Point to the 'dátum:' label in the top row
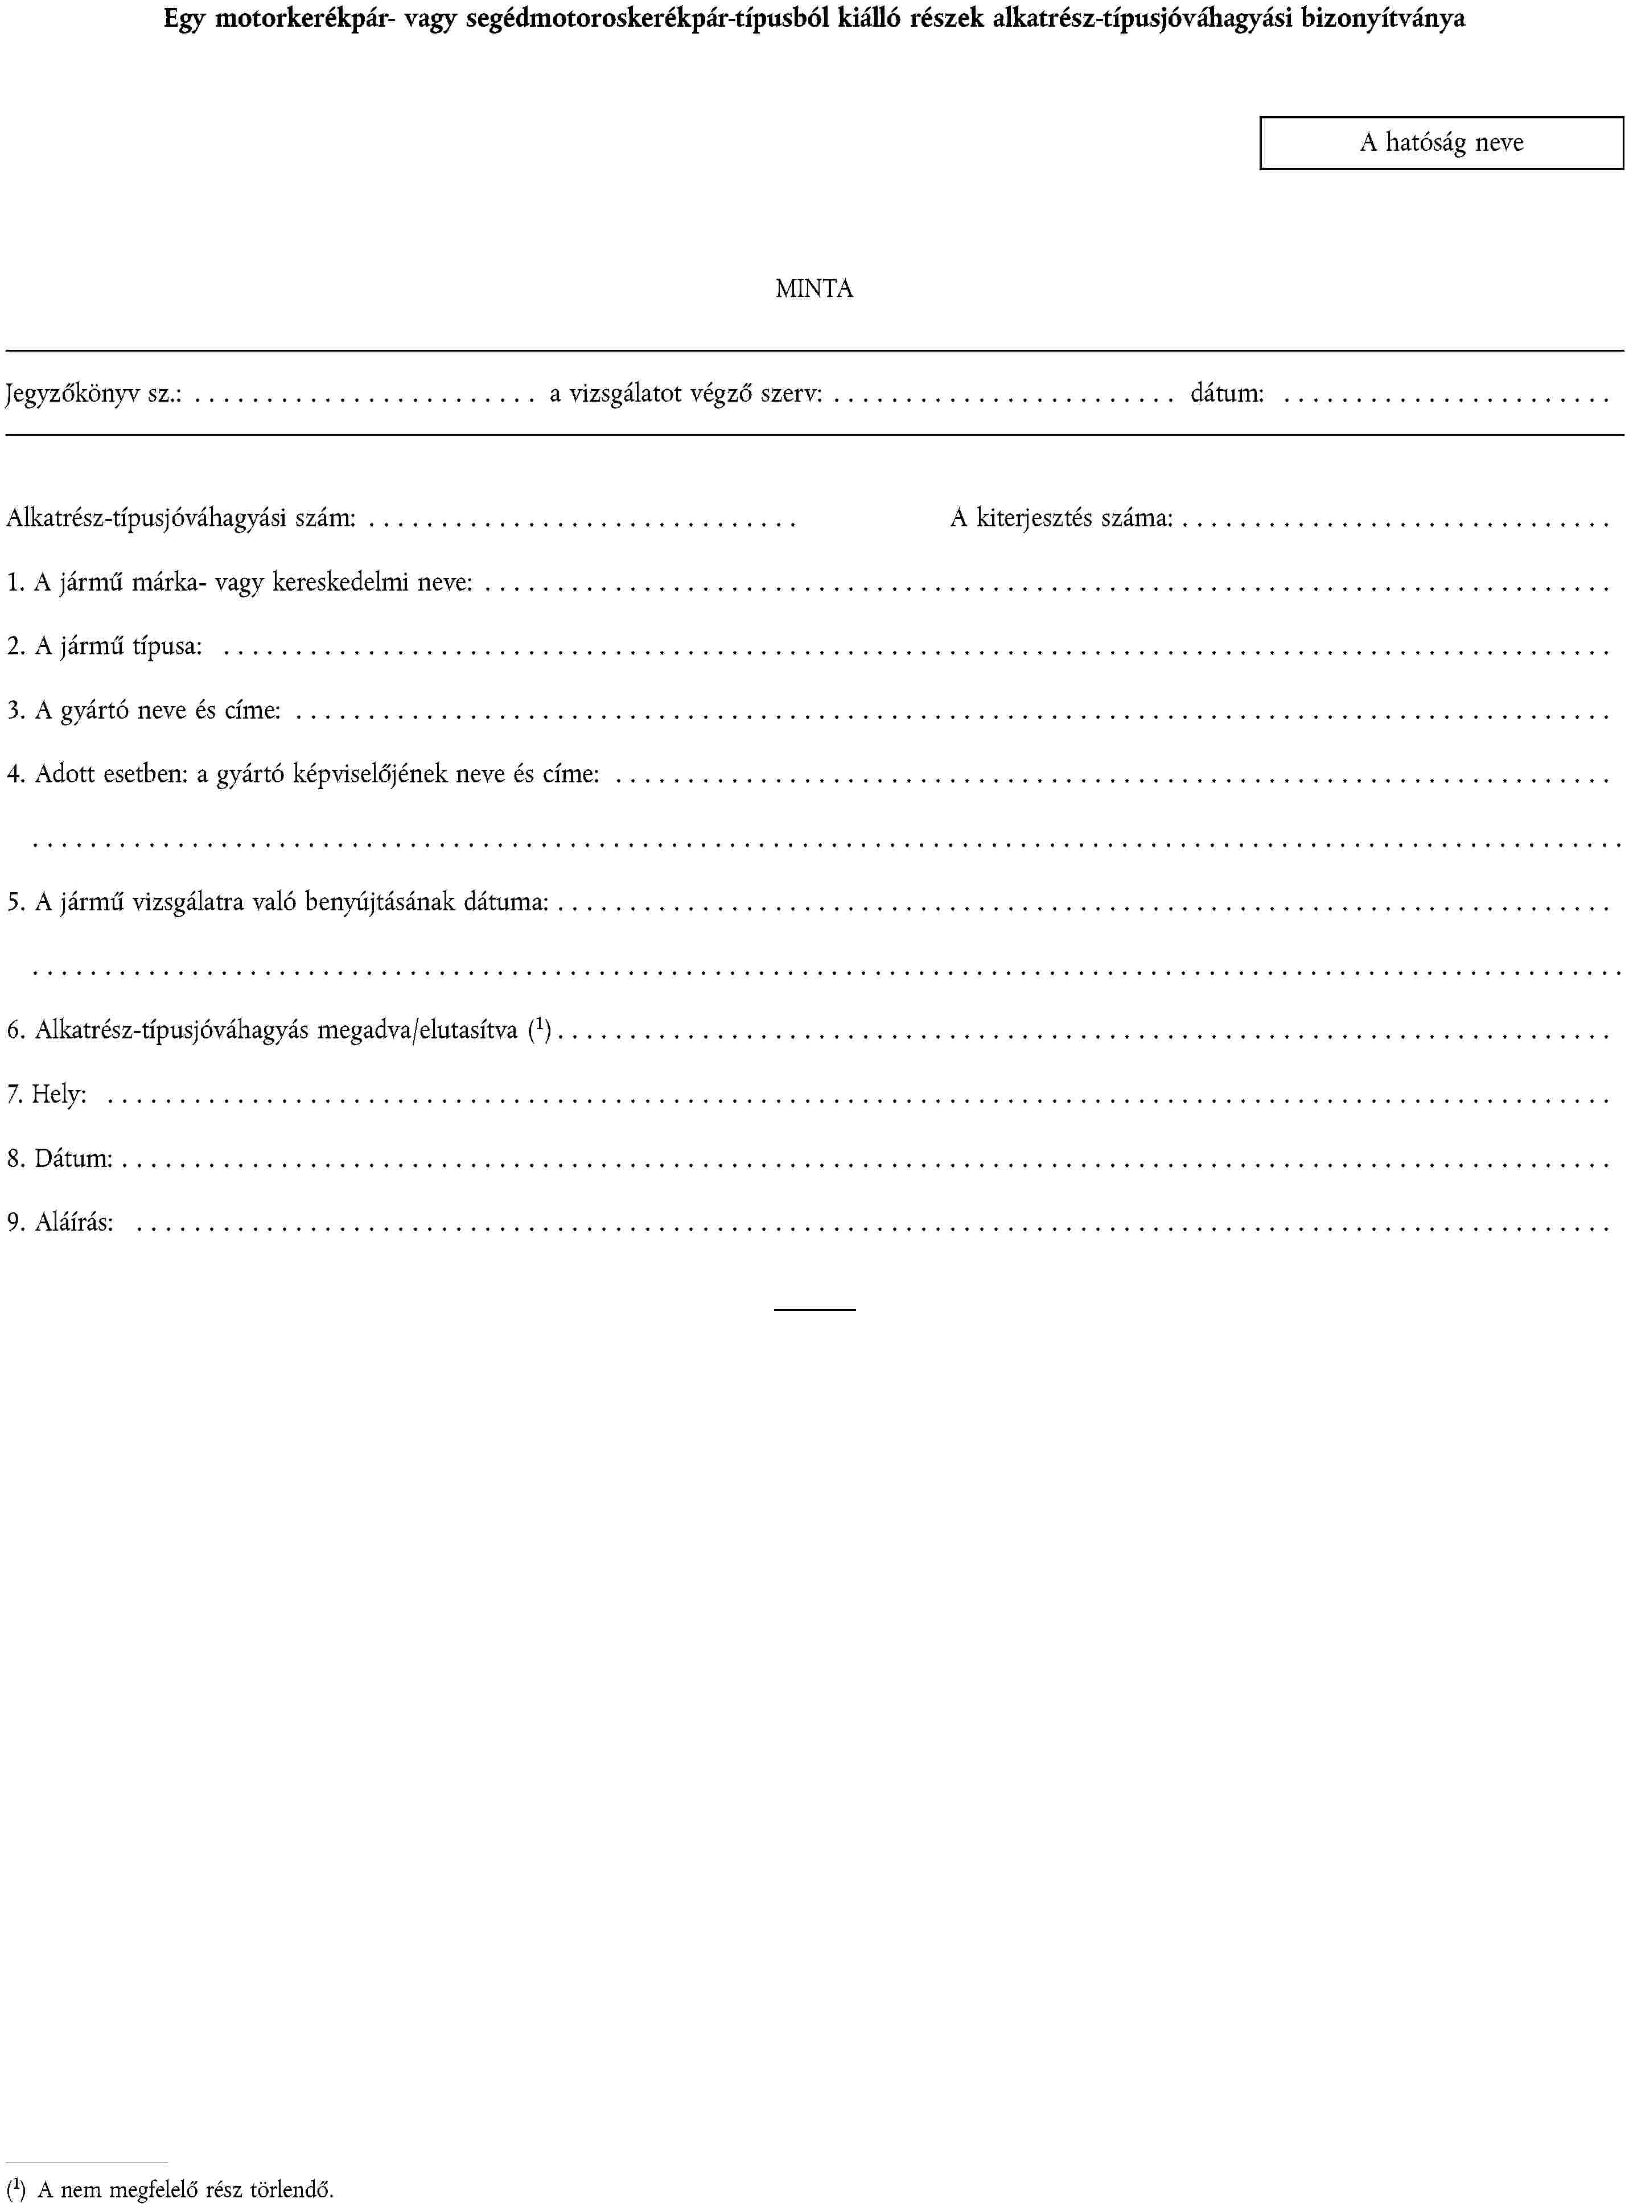click(1227, 394)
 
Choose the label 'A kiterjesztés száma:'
click(1061, 518)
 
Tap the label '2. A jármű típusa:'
click(105, 647)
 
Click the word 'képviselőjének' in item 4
click(370, 775)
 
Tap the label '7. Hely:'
click(46, 1095)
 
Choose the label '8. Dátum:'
click(59, 1159)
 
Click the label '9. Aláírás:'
click(60, 1223)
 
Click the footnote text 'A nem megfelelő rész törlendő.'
click(186, 2191)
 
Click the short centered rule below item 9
click(814, 1309)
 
